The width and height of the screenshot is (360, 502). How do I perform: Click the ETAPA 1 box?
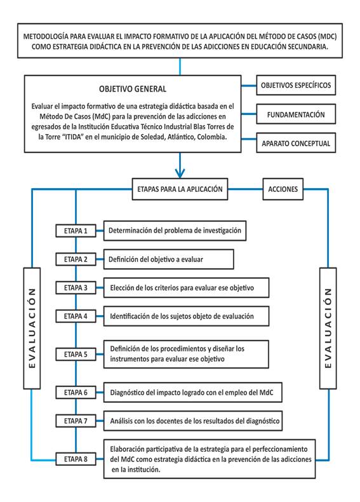point(76,231)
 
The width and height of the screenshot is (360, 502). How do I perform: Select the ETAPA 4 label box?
point(76,316)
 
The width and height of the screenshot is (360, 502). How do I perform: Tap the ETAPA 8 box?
point(76,459)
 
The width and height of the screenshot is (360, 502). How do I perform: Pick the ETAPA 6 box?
point(76,392)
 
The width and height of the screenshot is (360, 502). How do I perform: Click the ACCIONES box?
point(283,189)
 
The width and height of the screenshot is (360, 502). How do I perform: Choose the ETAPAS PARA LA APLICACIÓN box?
point(180,189)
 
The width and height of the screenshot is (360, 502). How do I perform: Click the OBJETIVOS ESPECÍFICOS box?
point(296,85)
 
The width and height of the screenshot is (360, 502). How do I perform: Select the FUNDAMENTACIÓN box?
point(296,114)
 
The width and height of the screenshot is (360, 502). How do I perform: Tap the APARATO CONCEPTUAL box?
point(296,143)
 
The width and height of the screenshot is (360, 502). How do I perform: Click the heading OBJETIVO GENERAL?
point(133,89)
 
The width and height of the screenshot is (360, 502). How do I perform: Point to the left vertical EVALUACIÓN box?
point(32,328)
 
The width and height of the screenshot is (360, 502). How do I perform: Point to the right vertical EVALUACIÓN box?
point(328,328)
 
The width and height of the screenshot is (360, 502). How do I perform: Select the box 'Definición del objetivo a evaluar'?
point(169,259)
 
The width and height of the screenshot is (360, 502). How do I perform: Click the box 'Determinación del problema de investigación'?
point(175,231)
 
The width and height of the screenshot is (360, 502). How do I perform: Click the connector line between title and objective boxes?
point(180,67)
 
